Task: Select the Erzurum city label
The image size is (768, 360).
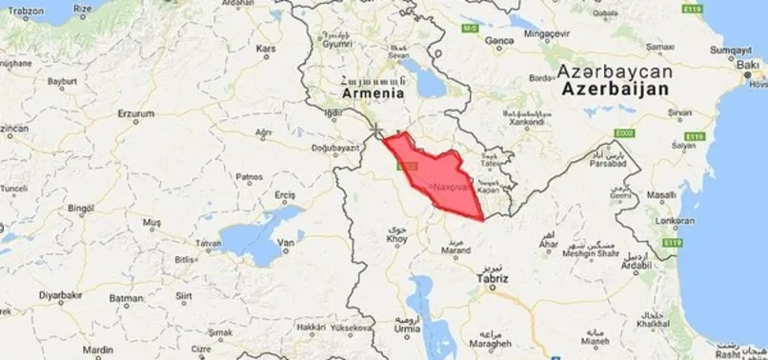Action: pos(134,113)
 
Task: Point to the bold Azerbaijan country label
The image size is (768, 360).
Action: pos(615,88)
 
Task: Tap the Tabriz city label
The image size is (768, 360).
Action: pos(493,279)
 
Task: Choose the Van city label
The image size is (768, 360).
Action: pos(283,243)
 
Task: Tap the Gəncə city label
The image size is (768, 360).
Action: pos(499,42)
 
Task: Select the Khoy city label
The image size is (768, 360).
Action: pos(396,239)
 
